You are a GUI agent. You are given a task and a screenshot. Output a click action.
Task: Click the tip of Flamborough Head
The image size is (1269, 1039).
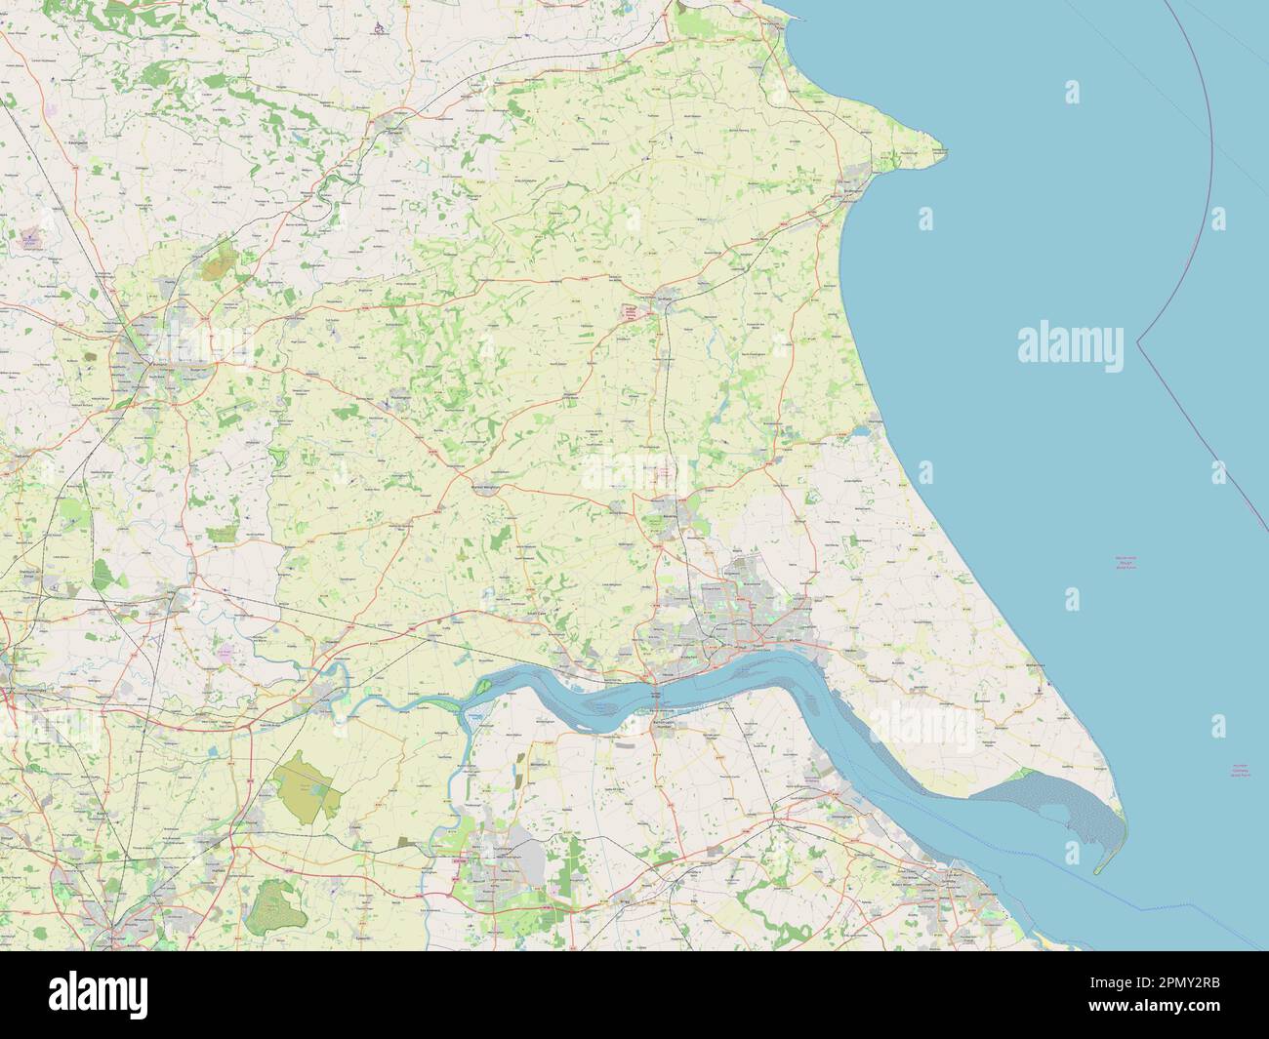coord(945,150)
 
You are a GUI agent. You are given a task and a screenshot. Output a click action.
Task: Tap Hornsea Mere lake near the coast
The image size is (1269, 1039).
coord(862,428)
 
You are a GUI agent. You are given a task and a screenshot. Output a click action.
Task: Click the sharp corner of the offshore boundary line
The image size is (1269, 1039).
coord(1138,340)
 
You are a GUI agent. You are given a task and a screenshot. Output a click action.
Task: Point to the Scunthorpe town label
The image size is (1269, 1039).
coord(498,859)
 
